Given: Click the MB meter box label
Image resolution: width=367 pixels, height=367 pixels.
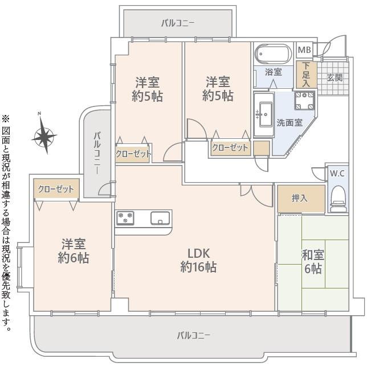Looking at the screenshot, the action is click(304, 50).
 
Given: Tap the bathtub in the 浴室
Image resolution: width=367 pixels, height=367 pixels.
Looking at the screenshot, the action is click(273, 54).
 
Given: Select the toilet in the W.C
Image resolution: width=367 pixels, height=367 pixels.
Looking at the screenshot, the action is click(339, 199).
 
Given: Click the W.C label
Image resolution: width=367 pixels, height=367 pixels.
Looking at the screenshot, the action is click(337, 174).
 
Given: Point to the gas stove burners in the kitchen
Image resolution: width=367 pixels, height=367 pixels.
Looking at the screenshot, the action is click(125, 218).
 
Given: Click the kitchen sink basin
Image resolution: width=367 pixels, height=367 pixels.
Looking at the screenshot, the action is click(160, 218).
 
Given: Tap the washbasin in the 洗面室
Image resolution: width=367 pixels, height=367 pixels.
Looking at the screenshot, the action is click(264, 114).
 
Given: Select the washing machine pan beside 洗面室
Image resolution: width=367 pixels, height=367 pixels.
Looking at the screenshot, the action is click(304, 101).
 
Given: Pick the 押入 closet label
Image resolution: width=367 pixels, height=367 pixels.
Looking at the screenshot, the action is click(299, 199).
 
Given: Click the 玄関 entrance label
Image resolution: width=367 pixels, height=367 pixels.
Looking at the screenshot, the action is click(335, 77).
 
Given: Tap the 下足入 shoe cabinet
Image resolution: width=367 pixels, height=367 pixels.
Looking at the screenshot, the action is click(306, 75).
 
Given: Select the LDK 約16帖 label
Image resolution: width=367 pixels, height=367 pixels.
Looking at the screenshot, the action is click(198, 260).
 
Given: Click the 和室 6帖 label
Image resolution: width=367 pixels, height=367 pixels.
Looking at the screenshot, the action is click(313, 261).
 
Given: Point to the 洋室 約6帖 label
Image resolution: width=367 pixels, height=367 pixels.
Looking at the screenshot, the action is click(74, 251).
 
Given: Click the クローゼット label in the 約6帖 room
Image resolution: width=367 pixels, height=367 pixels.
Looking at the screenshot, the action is click(56, 189).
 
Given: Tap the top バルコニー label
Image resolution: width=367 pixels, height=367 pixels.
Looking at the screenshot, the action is click(178, 23).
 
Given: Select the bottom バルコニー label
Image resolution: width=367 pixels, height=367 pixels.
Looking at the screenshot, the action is click(194, 335).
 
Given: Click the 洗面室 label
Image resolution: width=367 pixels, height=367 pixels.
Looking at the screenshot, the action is click(289, 123).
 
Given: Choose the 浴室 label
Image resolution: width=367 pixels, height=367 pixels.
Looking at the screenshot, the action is click(274, 72).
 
